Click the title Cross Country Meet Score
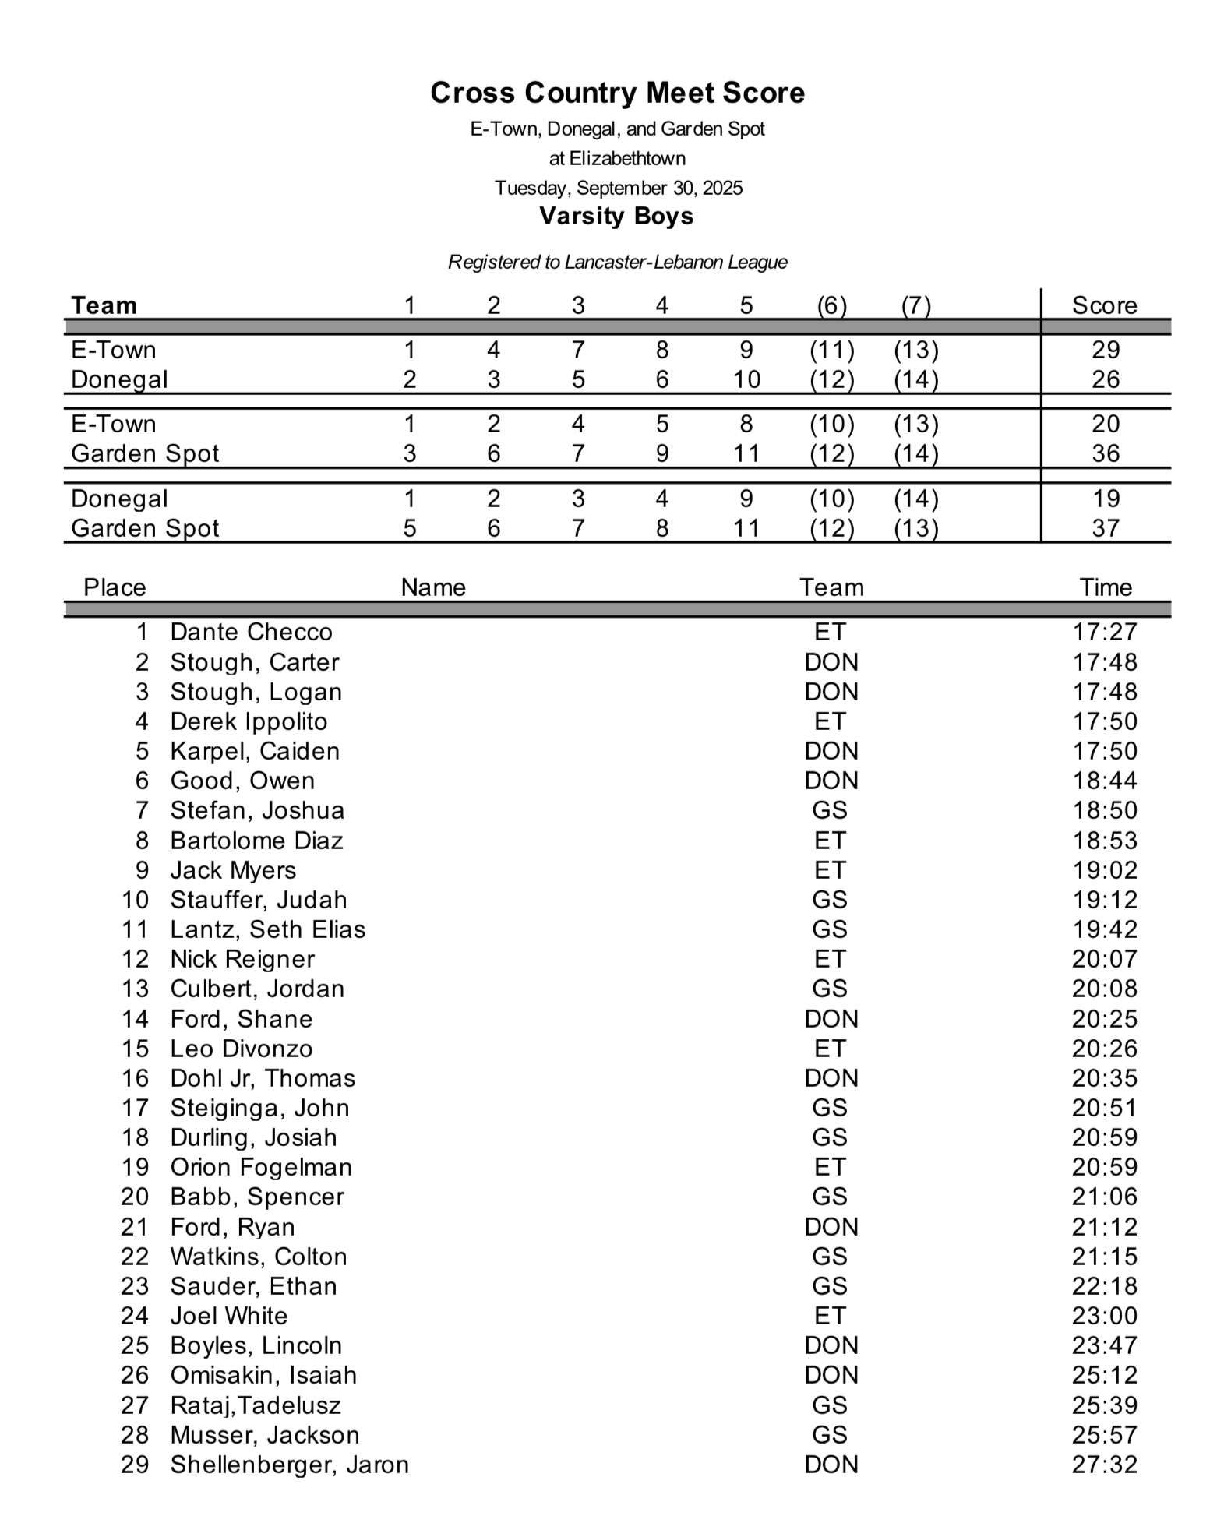point(617,93)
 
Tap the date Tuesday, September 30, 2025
point(619,188)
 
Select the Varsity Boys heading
point(616,216)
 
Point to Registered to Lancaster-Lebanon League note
point(617,262)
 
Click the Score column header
point(1104,305)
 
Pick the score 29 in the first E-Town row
point(1105,350)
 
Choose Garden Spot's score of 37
point(1105,528)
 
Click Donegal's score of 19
point(1105,499)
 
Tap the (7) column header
point(915,305)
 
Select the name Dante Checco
point(251,632)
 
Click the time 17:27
point(1105,632)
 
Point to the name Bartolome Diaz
point(256,841)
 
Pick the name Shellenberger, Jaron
point(289,1465)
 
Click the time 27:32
point(1105,1465)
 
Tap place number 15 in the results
point(135,1049)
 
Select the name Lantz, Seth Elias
point(267,929)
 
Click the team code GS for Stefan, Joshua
point(830,810)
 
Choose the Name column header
point(433,587)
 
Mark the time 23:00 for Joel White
point(1105,1316)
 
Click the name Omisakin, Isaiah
point(263,1375)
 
